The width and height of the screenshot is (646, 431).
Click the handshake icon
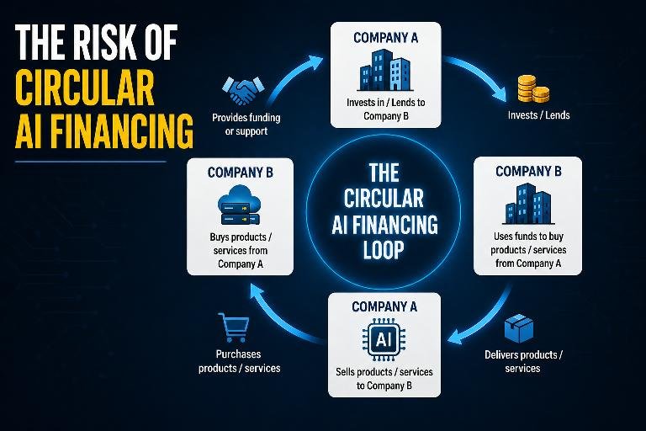(x=242, y=91)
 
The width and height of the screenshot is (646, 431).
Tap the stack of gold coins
(x=533, y=88)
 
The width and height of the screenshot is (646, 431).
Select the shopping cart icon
(x=234, y=327)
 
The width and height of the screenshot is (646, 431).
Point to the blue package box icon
(x=519, y=328)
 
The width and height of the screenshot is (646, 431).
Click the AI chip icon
(x=384, y=339)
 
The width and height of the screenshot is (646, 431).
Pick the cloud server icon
(x=240, y=205)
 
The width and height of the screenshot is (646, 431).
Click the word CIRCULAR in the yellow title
(x=84, y=88)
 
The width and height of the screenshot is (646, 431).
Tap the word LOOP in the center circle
(x=384, y=250)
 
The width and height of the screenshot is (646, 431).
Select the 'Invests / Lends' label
(x=538, y=115)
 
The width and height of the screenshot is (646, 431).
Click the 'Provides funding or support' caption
(x=246, y=125)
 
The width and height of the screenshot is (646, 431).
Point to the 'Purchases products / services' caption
(x=239, y=361)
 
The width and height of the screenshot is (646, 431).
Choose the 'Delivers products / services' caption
(x=523, y=361)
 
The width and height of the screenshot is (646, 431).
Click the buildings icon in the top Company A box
(x=385, y=70)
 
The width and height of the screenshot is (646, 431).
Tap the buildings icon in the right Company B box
(x=527, y=204)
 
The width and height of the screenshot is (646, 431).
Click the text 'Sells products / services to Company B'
(x=384, y=379)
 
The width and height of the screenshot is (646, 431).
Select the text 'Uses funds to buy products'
(x=527, y=243)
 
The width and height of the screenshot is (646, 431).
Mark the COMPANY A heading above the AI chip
(x=384, y=307)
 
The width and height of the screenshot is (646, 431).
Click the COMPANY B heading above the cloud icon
(x=241, y=173)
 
